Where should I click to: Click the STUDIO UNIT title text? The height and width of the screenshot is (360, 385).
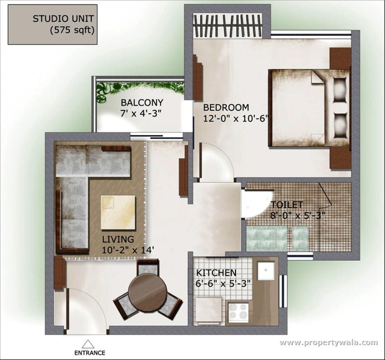pyautogui.click(x=63, y=19)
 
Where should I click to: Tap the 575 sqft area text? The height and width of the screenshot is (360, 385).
pyautogui.click(x=72, y=30)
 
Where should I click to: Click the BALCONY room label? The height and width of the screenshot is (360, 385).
pyautogui.click(x=142, y=103)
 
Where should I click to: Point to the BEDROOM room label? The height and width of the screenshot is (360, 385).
pyautogui.click(x=226, y=107)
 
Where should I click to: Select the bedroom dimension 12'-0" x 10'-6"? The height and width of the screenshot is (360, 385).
pyautogui.click(x=235, y=119)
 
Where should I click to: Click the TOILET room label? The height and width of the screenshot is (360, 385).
pyautogui.click(x=287, y=205)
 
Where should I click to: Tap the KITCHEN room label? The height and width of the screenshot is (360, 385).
pyautogui.click(x=217, y=273)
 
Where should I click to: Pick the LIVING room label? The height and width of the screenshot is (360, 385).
pyautogui.click(x=118, y=239)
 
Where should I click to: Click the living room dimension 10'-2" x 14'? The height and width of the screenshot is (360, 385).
pyautogui.click(x=128, y=250)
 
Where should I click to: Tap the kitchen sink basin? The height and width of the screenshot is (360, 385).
pyautogui.click(x=266, y=271)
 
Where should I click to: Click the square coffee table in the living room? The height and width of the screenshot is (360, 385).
pyautogui.click(x=118, y=212)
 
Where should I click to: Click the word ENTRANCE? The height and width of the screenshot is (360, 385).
pyautogui.click(x=90, y=353)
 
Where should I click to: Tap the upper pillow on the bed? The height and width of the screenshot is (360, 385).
pyautogui.click(x=340, y=90)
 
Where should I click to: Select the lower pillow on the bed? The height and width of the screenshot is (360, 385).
pyautogui.click(x=340, y=125)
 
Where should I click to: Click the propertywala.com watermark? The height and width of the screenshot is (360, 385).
pyautogui.click(x=329, y=342)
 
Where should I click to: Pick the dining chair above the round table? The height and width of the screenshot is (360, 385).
pyautogui.click(x=147, y=267)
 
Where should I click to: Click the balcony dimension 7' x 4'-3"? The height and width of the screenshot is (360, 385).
pyautogui.click(x=141, y=114)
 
